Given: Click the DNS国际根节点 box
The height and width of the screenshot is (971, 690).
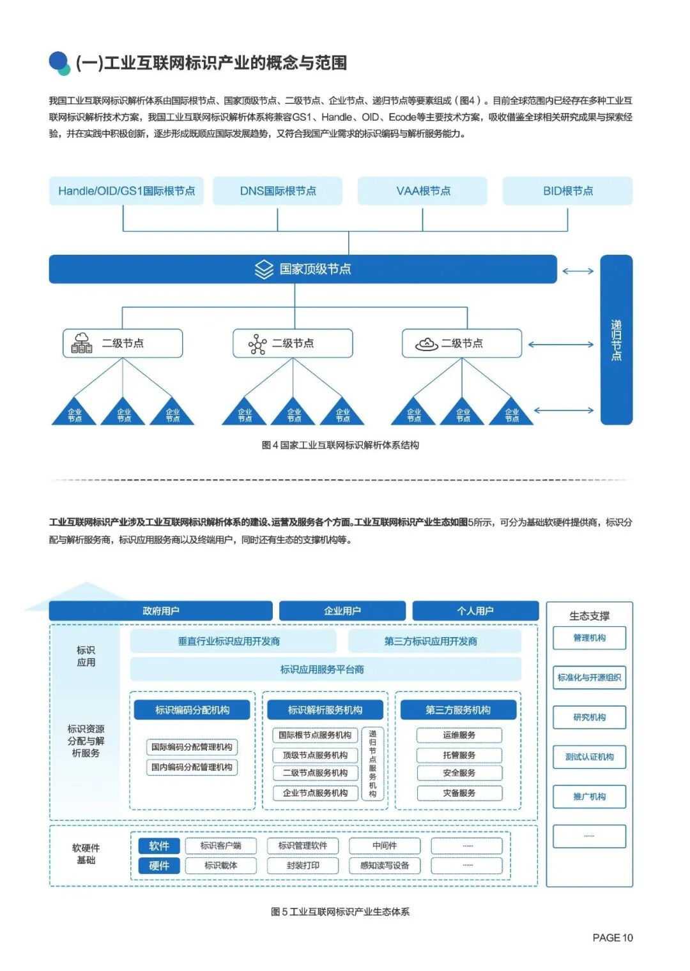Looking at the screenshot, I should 277,191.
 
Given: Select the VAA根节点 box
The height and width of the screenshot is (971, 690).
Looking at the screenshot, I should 422,191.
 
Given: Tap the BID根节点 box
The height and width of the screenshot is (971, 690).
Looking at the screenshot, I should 567,191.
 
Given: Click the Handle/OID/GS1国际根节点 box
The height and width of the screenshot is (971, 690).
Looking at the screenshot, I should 126,191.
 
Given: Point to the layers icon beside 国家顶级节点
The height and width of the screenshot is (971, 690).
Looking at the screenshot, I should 264,269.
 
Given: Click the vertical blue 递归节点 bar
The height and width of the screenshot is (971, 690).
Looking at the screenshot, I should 616,340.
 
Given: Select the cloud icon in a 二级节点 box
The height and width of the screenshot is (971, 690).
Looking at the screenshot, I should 426,344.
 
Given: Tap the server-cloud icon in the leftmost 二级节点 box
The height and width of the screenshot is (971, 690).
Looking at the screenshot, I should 82,343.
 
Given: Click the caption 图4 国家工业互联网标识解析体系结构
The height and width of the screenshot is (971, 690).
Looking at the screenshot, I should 340,445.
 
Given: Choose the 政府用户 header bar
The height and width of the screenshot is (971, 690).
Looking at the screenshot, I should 160,611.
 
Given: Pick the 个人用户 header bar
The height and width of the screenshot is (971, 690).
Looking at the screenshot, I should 475,611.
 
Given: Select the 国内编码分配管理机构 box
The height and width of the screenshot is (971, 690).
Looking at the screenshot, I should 192,767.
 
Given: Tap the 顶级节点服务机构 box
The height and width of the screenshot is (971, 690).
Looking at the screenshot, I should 315,755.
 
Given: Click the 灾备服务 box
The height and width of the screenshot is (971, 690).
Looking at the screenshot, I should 459,793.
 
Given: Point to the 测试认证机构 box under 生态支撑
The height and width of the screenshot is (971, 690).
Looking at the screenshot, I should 589,757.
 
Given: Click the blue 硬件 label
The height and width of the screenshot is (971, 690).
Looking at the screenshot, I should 159,866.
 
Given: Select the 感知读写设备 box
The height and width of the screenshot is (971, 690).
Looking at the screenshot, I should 385,866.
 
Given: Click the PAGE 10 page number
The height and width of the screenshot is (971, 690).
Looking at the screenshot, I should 612,937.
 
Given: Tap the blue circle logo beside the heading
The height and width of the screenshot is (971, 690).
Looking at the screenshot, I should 59,62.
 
